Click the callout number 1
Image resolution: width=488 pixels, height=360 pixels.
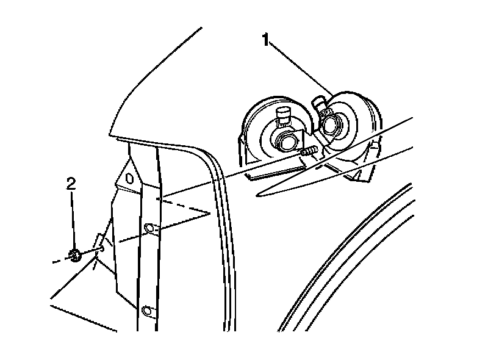pos(266,40)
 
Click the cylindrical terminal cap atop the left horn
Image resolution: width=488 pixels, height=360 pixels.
pos(283,113)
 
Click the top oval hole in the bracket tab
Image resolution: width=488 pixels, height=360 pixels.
pos(129,179)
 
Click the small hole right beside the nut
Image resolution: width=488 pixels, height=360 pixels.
pos(102,248)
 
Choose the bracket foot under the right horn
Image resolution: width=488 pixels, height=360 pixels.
pos(360,176)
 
